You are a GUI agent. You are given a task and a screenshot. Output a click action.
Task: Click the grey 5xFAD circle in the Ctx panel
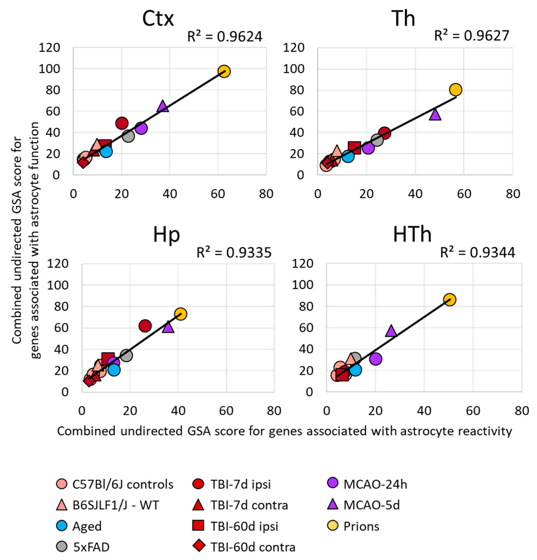pyautogui.click(x=128, y=136)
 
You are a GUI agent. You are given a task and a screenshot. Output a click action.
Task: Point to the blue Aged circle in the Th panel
pyautogui.click(x=348, y=156)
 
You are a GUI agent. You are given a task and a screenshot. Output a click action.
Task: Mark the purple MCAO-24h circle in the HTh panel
pyautogui.click(x=376, y=359)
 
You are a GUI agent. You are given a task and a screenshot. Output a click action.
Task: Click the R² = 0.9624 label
pyautogui.click(x=224, y=37)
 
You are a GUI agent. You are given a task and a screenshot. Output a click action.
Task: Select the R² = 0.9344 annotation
pyautogui.click(x=478, y=252)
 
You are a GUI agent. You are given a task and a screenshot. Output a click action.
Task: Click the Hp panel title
pyautogui.click(x=166, y=235)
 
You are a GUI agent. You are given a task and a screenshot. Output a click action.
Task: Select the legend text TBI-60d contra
pyautogui.click(x=253, y=547)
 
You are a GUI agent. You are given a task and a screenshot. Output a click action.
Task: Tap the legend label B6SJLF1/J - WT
pyautogui.click(x=116, y=505)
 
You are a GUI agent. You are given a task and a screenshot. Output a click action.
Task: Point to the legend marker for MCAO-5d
pyautogui.click(x=333, y=505)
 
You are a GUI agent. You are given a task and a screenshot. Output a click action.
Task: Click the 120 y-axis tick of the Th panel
pyautogui.click(x=294, y=47)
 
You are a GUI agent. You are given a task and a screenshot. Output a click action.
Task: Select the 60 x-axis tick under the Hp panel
pyautogui.click(x=226, y=411)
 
